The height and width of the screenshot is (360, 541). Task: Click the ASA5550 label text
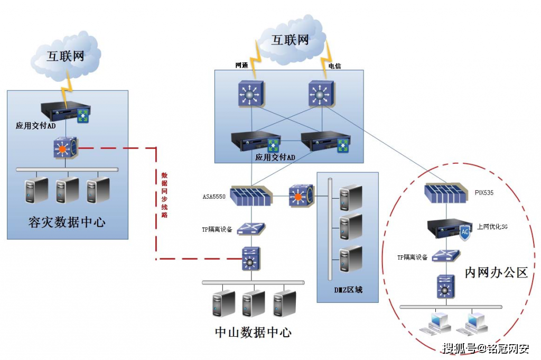[x=214, y=197]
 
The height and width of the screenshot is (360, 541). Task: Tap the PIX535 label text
[x=484, y=192]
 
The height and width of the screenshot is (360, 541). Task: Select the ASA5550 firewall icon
[x=251, y=196]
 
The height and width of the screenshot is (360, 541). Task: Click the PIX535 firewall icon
[x=446, y=193]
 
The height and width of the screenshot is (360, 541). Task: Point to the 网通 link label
[x=241, y=65]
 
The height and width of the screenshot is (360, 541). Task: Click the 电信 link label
[x=334, y=66]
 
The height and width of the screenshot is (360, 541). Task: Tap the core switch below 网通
[x=251, y=94]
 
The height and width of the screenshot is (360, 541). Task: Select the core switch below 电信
[x=321, y=94]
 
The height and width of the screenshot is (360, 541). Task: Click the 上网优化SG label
[x=492, y=227]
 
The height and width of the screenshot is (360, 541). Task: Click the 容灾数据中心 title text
[x=67, y=222]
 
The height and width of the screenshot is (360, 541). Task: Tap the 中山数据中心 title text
[x=253, y=333]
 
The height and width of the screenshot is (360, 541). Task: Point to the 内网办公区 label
[x=496, y=272]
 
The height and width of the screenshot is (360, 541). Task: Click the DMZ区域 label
[x=348, y=290]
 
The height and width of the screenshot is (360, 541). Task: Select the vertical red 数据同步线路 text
[x=165, y=195]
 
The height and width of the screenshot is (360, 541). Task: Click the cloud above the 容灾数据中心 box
[x=66, y=57]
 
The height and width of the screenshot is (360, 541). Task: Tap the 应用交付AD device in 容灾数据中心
[x=66, y=112]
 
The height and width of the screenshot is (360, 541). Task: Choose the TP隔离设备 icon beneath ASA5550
[x=251, y=228]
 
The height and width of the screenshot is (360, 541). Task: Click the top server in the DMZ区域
[x=351, y=197]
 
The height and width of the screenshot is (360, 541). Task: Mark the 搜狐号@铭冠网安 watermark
[x=486, y=348]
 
